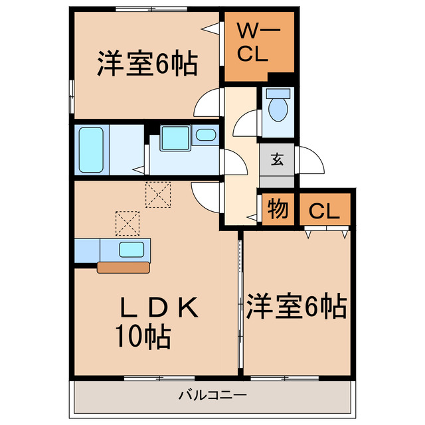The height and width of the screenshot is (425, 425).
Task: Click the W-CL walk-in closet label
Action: coord(253,42)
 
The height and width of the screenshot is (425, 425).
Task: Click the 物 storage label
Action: coord(278,210)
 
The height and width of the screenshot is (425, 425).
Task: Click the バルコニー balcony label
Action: coord(212,395)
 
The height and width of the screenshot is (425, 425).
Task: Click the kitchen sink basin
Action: coord(131,250)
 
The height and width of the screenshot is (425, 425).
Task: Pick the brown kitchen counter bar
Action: coord(124,268)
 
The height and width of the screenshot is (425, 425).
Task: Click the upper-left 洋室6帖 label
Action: coord(147,64)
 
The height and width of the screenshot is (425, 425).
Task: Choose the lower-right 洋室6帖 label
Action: coord(296,306)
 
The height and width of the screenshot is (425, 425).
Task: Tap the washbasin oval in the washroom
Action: coord(207,136)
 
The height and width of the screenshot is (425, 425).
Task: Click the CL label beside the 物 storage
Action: coord(323,212)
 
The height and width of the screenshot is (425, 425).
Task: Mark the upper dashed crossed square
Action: coord(158,195)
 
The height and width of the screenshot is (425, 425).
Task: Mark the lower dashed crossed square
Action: coord(127,223)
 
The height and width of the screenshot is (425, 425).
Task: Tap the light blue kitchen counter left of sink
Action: coord(86,250)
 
